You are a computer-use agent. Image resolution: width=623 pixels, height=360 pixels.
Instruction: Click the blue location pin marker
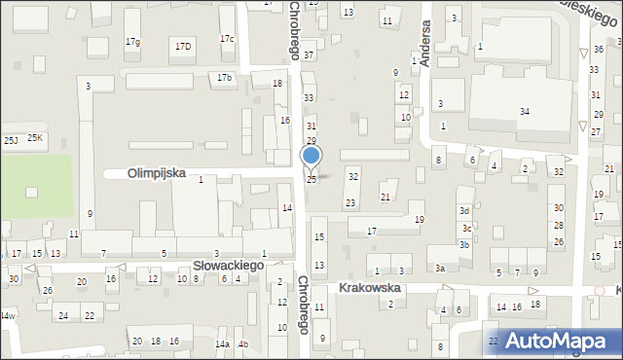(x=311, y=156)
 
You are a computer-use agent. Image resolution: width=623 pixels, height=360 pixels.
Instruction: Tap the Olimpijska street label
(x=157, y=173)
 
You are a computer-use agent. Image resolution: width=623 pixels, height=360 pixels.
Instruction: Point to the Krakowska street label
(x=370, y=288)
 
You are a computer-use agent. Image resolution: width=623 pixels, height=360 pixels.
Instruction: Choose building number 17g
(x=132, y=42)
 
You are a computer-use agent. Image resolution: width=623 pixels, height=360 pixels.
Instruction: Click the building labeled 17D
(x=183, y=46)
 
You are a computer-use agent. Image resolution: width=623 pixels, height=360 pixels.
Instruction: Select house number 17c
(x=227, y=39)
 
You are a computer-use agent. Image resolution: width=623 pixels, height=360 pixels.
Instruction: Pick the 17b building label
(x=225, y=77)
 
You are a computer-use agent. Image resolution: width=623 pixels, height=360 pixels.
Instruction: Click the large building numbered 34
(x=524, y=111)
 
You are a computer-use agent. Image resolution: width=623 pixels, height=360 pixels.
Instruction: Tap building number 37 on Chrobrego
(x=309, y=55)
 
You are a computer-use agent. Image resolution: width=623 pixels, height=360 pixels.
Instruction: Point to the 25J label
(x=11, y=141)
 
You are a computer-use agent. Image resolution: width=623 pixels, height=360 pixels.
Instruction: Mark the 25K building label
(x=35, y=138)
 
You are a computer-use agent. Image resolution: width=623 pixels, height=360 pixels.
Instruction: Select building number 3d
(x=465, y=211)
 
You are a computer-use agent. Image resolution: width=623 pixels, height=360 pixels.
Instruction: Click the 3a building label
(x=440, y=268)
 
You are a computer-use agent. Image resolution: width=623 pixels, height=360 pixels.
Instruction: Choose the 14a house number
(x=222, y=344)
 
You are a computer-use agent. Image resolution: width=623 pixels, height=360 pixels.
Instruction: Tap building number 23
(x=350, y=202)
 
